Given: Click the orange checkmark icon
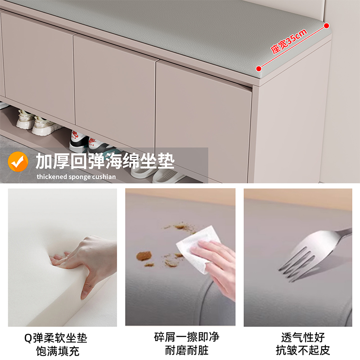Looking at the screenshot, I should [x=18, y=162].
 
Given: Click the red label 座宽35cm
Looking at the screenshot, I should [x=289, y=41].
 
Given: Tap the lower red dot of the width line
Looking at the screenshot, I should [x=259, y=68].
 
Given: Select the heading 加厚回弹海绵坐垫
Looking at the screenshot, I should [x=105, y=161].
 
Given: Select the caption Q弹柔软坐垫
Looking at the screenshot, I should [x=62, y=337].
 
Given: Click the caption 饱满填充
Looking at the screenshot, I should [x=62, y=351].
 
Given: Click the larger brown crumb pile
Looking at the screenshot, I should [x=144, y=256].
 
